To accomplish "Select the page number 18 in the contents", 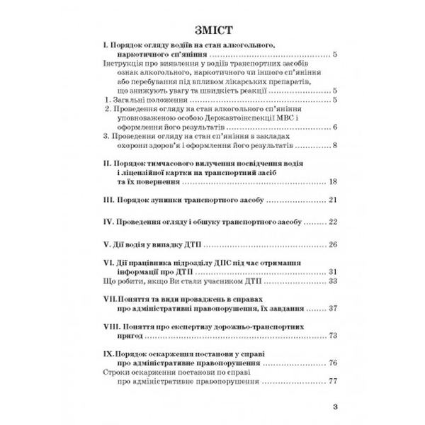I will click(333, 183).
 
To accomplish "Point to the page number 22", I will click(333, 222).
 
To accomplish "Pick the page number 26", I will click(333, 245).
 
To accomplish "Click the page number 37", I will click(333, 310).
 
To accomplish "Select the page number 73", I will click(333, 338).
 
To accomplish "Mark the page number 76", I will click(333, 363).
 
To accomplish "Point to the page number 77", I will click(333, 382).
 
